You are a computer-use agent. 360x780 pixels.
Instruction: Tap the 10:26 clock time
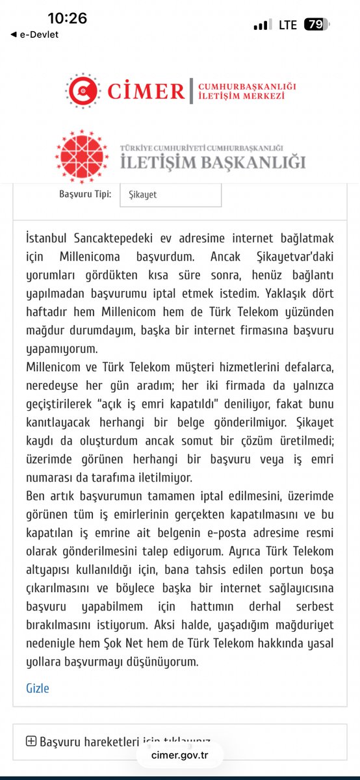(x=67, y=18)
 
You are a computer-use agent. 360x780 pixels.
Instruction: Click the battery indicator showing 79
(x=316, y=25)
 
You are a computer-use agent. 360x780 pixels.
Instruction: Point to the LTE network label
(x=288, y=25)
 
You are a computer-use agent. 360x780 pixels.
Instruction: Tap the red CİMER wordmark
(x=146, y=91)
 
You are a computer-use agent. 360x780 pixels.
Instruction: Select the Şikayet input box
(x=170, y=194)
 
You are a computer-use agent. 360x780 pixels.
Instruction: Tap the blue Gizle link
(x=37, y=688)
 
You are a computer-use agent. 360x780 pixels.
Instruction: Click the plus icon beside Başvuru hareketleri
(x=31, y=742)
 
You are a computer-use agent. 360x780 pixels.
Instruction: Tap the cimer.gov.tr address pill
(x=179, y=755)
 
